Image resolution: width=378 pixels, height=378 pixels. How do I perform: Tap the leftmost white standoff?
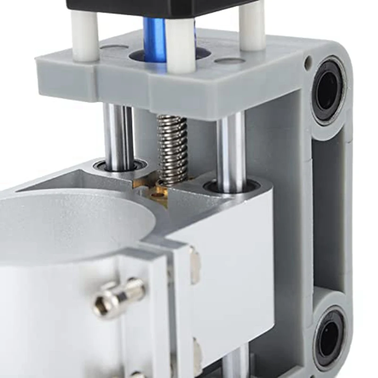(85, 35)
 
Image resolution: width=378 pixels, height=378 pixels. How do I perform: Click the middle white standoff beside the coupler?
(180, 45)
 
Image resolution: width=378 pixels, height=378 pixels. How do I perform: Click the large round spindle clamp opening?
(71, 222)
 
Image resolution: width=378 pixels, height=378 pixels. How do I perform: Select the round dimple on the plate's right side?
(230, 60)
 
